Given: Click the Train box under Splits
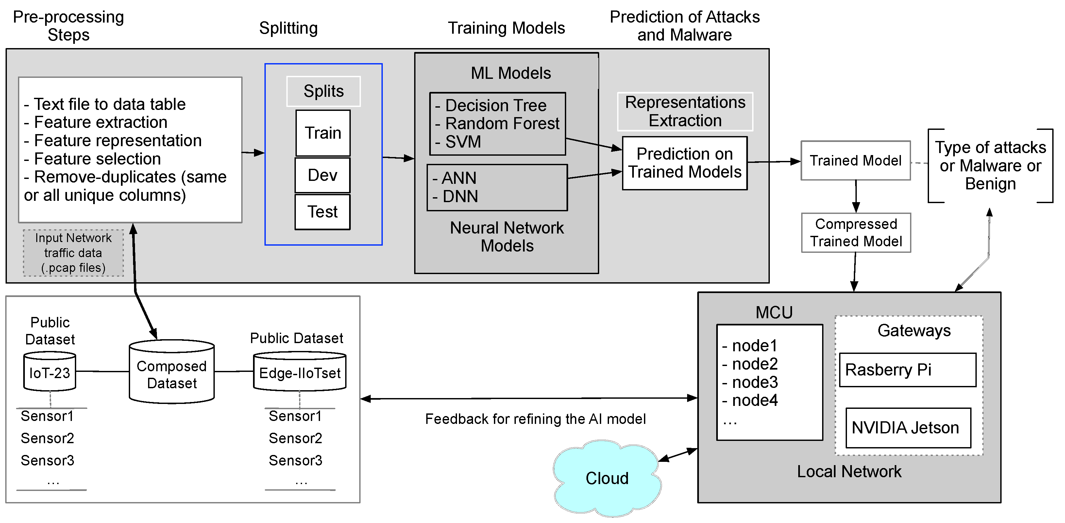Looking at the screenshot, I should point(323,133).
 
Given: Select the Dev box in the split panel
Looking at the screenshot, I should point(323,175).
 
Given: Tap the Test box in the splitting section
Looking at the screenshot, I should point(323,212).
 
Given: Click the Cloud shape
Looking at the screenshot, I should point(606,478).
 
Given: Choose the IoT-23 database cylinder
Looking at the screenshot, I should point(50,372).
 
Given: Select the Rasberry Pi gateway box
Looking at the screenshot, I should point(907,370).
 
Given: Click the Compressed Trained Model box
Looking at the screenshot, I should point(856,233).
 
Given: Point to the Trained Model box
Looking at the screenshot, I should point(855,161).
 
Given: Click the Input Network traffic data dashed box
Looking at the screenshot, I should point(73,253).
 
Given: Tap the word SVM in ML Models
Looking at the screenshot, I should point(463,142).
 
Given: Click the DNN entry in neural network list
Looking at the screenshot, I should point(460,197).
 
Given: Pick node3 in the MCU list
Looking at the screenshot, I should point(754,382).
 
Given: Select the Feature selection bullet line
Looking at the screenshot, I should point(97,159).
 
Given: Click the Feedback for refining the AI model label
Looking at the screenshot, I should point(535,419).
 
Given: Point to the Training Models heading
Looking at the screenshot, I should point(506,28).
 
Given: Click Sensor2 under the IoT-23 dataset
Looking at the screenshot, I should point(47,438).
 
